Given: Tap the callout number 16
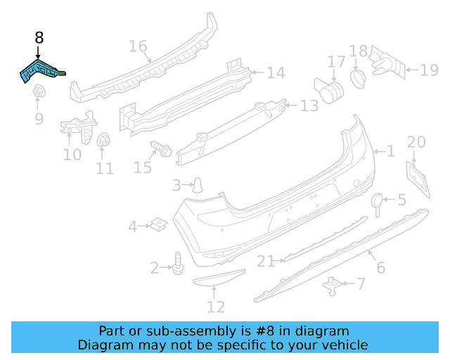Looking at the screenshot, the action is tap(138, 47).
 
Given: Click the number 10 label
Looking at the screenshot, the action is tap(72, 153).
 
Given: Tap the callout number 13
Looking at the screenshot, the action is tap(309, 106).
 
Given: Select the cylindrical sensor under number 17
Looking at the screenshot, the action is tap(331, 89).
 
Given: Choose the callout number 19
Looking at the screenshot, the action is tap(429, 69).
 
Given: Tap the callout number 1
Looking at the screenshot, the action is tap(391, 151).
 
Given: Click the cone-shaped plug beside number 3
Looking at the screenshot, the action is tap(199, 184).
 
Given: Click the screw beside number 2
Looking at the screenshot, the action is tap(177, 262).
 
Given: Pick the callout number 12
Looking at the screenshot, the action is tap(216, 307).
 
